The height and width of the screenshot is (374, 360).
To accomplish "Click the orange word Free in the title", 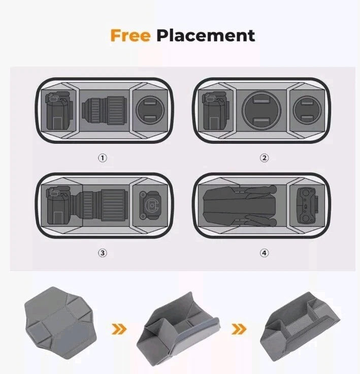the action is pos(130,36).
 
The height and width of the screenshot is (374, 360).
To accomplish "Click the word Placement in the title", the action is pos(206,36).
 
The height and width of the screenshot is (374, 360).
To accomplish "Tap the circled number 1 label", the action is pos(103,158).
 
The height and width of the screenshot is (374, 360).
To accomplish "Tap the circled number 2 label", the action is pos(264,158).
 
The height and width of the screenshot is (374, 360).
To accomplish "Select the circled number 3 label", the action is pos(103,253).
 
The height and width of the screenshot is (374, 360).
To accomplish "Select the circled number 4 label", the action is pos(264,253).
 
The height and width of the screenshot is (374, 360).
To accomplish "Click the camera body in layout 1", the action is pos(58,111).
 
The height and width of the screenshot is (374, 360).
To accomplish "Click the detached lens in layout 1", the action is pos(104,110).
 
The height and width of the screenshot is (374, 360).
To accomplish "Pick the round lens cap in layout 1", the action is pos(150,110).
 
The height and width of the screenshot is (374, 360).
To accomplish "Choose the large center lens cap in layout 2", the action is pos(261,110).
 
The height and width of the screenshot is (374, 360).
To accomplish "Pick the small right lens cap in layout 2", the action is pos(307,110).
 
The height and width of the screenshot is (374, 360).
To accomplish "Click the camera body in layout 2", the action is pos(215,111).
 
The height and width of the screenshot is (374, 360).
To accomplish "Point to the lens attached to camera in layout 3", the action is pos(100,205).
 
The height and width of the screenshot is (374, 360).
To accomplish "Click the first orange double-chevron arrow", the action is pos(119,329).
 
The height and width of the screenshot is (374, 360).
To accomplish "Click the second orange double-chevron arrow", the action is pos(239,329).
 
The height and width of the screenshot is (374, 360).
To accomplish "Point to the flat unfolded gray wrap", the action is pos(61,323).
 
